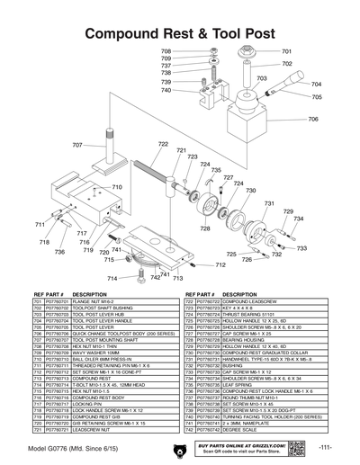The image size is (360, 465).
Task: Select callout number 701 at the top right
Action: (286, 52)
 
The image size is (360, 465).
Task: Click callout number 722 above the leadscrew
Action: (163, 144)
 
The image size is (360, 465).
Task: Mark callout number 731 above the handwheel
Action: (268, 204)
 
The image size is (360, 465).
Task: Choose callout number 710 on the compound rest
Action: (116, 187)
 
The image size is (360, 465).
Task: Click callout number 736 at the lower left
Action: (59, 253)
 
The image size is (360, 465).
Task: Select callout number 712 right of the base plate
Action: (220, 265)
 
